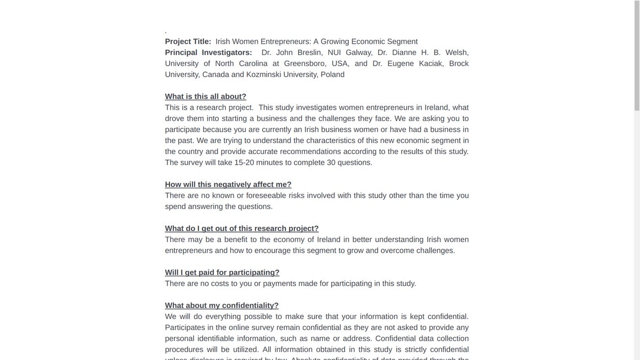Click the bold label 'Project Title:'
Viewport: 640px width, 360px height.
click(188, 42)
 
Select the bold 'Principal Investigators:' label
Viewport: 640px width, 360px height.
click(209, 52)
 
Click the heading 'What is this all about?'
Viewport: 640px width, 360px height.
click(205, 97)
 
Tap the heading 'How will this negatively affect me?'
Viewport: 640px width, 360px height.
click(228, 185)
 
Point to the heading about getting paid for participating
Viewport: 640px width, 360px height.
click(222, 273)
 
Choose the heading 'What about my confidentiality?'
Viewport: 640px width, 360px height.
click(221, 306)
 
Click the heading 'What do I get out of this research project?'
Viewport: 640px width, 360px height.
click(242, 228)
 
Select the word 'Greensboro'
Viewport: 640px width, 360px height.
click(309, 63)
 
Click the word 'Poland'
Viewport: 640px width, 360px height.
click(332, 75)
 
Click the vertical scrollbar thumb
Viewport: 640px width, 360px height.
click(636, 56)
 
